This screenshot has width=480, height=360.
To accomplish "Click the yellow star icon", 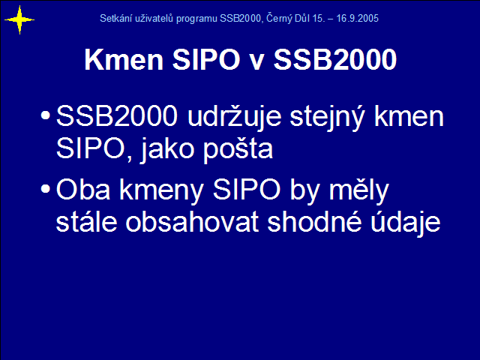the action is point(19,20).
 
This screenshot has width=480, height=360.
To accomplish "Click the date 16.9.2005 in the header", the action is point(357,18).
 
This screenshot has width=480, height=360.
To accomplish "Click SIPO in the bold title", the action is point(206,59).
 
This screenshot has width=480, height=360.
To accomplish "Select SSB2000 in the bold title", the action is point(335,59).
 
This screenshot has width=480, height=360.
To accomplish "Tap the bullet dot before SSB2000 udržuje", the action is point(45,115).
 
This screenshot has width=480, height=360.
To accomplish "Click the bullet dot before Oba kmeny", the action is point(45,188).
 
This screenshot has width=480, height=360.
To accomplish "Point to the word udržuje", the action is point(234,117).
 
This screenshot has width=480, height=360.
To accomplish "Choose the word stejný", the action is point(327,118).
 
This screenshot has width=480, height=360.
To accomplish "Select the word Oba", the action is point(83,190).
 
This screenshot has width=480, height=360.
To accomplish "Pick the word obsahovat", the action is point(192,222).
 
